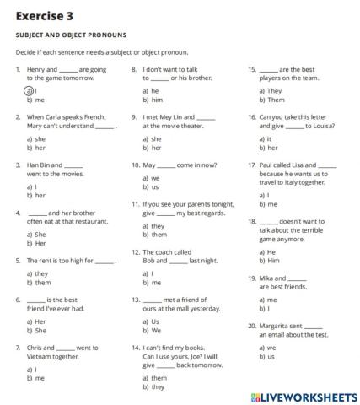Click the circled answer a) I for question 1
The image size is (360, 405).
point(30,90)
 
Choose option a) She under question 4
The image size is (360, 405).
point(36,234)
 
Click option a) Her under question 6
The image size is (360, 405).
point(36,321)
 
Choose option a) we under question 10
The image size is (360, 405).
point(152,178)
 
